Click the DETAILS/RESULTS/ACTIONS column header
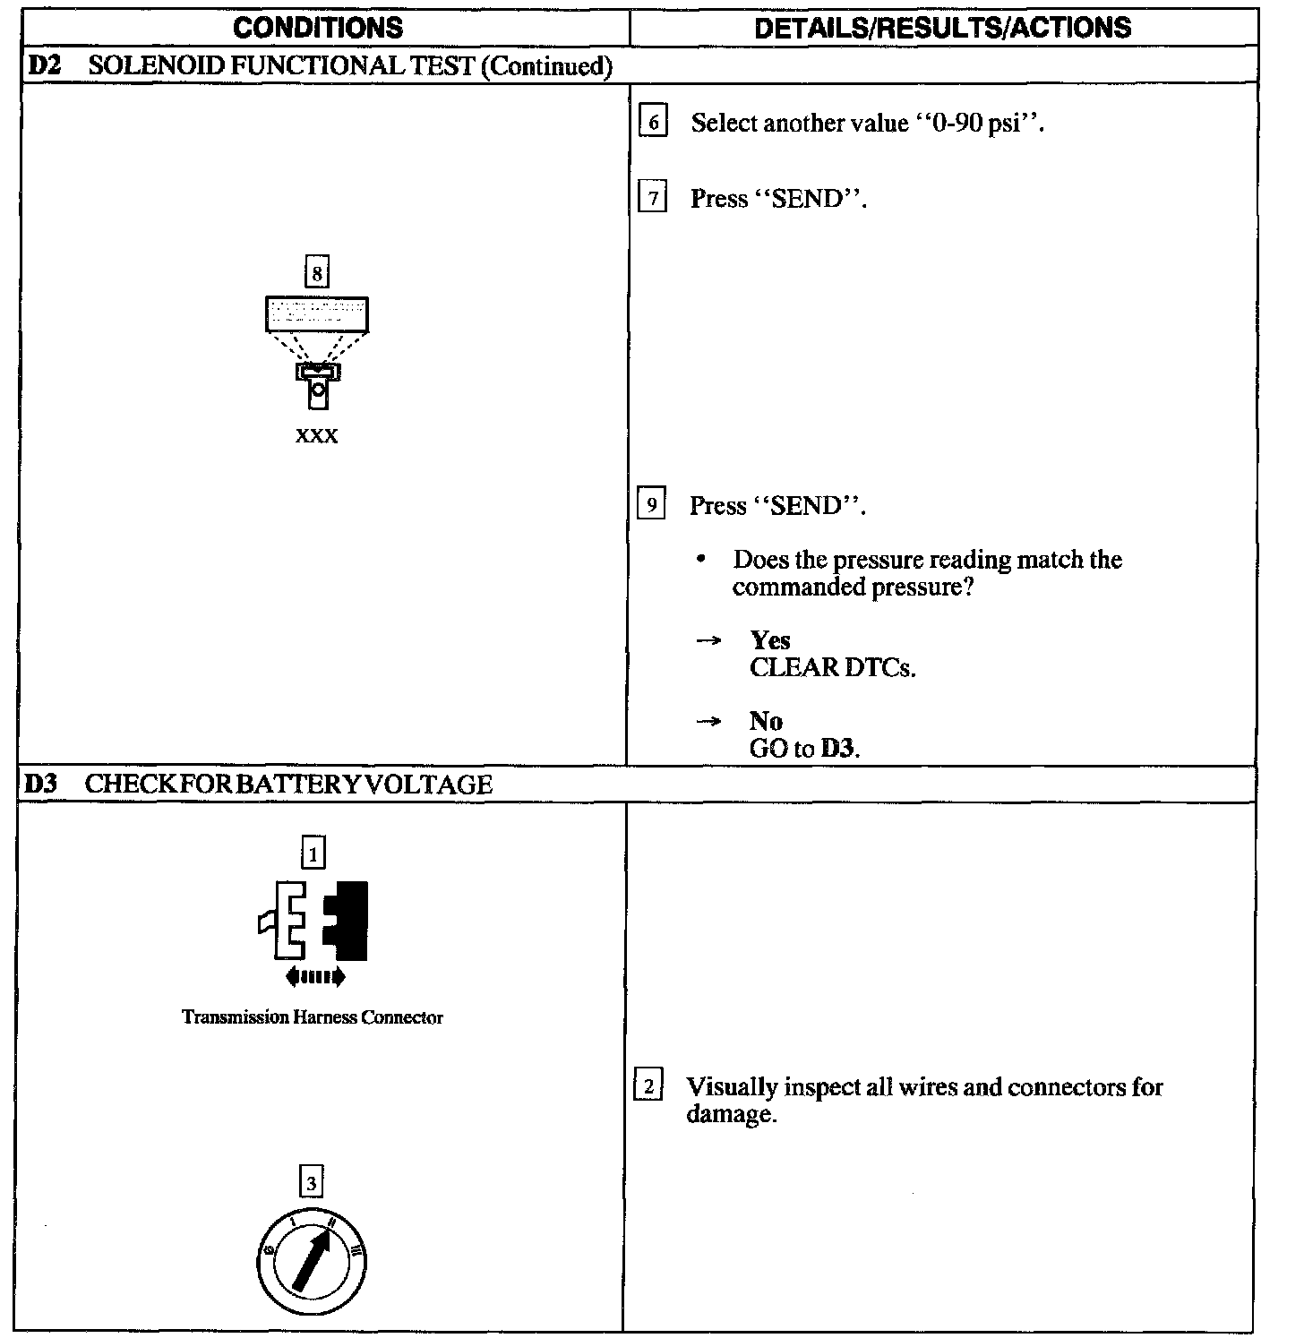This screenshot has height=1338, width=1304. point(942,28)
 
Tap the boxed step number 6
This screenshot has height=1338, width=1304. point(653,122)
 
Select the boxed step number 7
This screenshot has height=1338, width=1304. point(652,197)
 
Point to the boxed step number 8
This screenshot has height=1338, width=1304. point(316,270)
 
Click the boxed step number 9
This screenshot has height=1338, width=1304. point(651,505)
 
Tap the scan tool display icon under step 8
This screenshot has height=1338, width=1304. point(317,315)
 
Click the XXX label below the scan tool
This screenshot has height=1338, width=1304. point(317,436)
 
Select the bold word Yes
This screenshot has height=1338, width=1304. point(770,640)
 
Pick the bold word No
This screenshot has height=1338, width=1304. point(766,721)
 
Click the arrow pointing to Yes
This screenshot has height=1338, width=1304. point(709,641)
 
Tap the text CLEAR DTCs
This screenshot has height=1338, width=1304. point(832,668)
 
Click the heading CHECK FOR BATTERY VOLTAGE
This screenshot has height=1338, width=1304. point(288,785)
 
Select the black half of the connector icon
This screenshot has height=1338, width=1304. point(348,920)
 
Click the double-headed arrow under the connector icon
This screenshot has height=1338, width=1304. point(314,977)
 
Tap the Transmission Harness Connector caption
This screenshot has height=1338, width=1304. point(313,1017)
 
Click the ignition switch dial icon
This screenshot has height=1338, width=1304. point(312,1263)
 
